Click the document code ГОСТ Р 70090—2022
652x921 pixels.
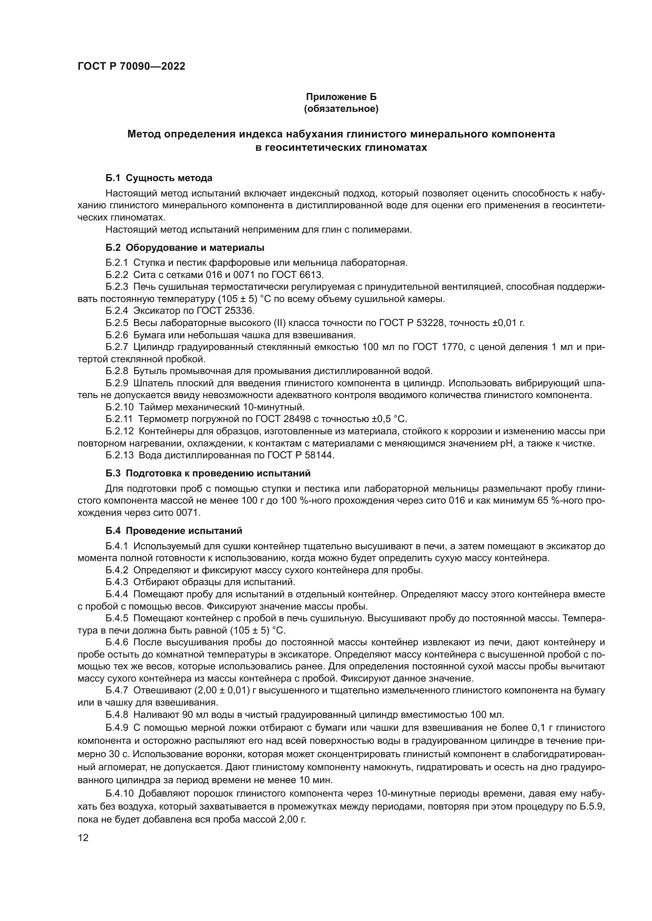131,67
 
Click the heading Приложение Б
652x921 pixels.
341,97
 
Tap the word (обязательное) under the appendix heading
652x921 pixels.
341,109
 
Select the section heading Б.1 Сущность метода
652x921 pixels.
159,178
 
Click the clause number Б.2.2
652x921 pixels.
117,275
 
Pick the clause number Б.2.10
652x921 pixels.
119,407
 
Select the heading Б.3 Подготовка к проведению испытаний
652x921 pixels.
208,473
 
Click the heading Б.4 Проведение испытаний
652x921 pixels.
174,531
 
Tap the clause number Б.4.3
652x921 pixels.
117,582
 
